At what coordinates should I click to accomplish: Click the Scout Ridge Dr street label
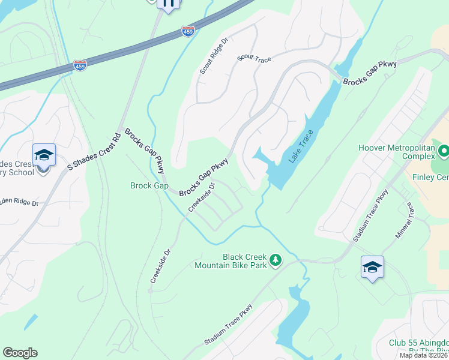coord(214,56)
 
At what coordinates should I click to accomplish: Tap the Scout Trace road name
coord(255,59)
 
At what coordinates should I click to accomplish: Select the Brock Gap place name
coord(149,186)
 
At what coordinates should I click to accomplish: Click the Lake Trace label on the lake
coord(301,147)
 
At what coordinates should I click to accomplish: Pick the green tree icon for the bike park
coord(276,260)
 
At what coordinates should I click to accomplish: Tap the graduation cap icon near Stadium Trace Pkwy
coord(372,266)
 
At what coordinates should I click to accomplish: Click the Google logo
coord(20,353)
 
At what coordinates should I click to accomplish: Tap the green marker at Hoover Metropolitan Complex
coord(443,151)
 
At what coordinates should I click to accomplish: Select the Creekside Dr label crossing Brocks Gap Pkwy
coord(202,197)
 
